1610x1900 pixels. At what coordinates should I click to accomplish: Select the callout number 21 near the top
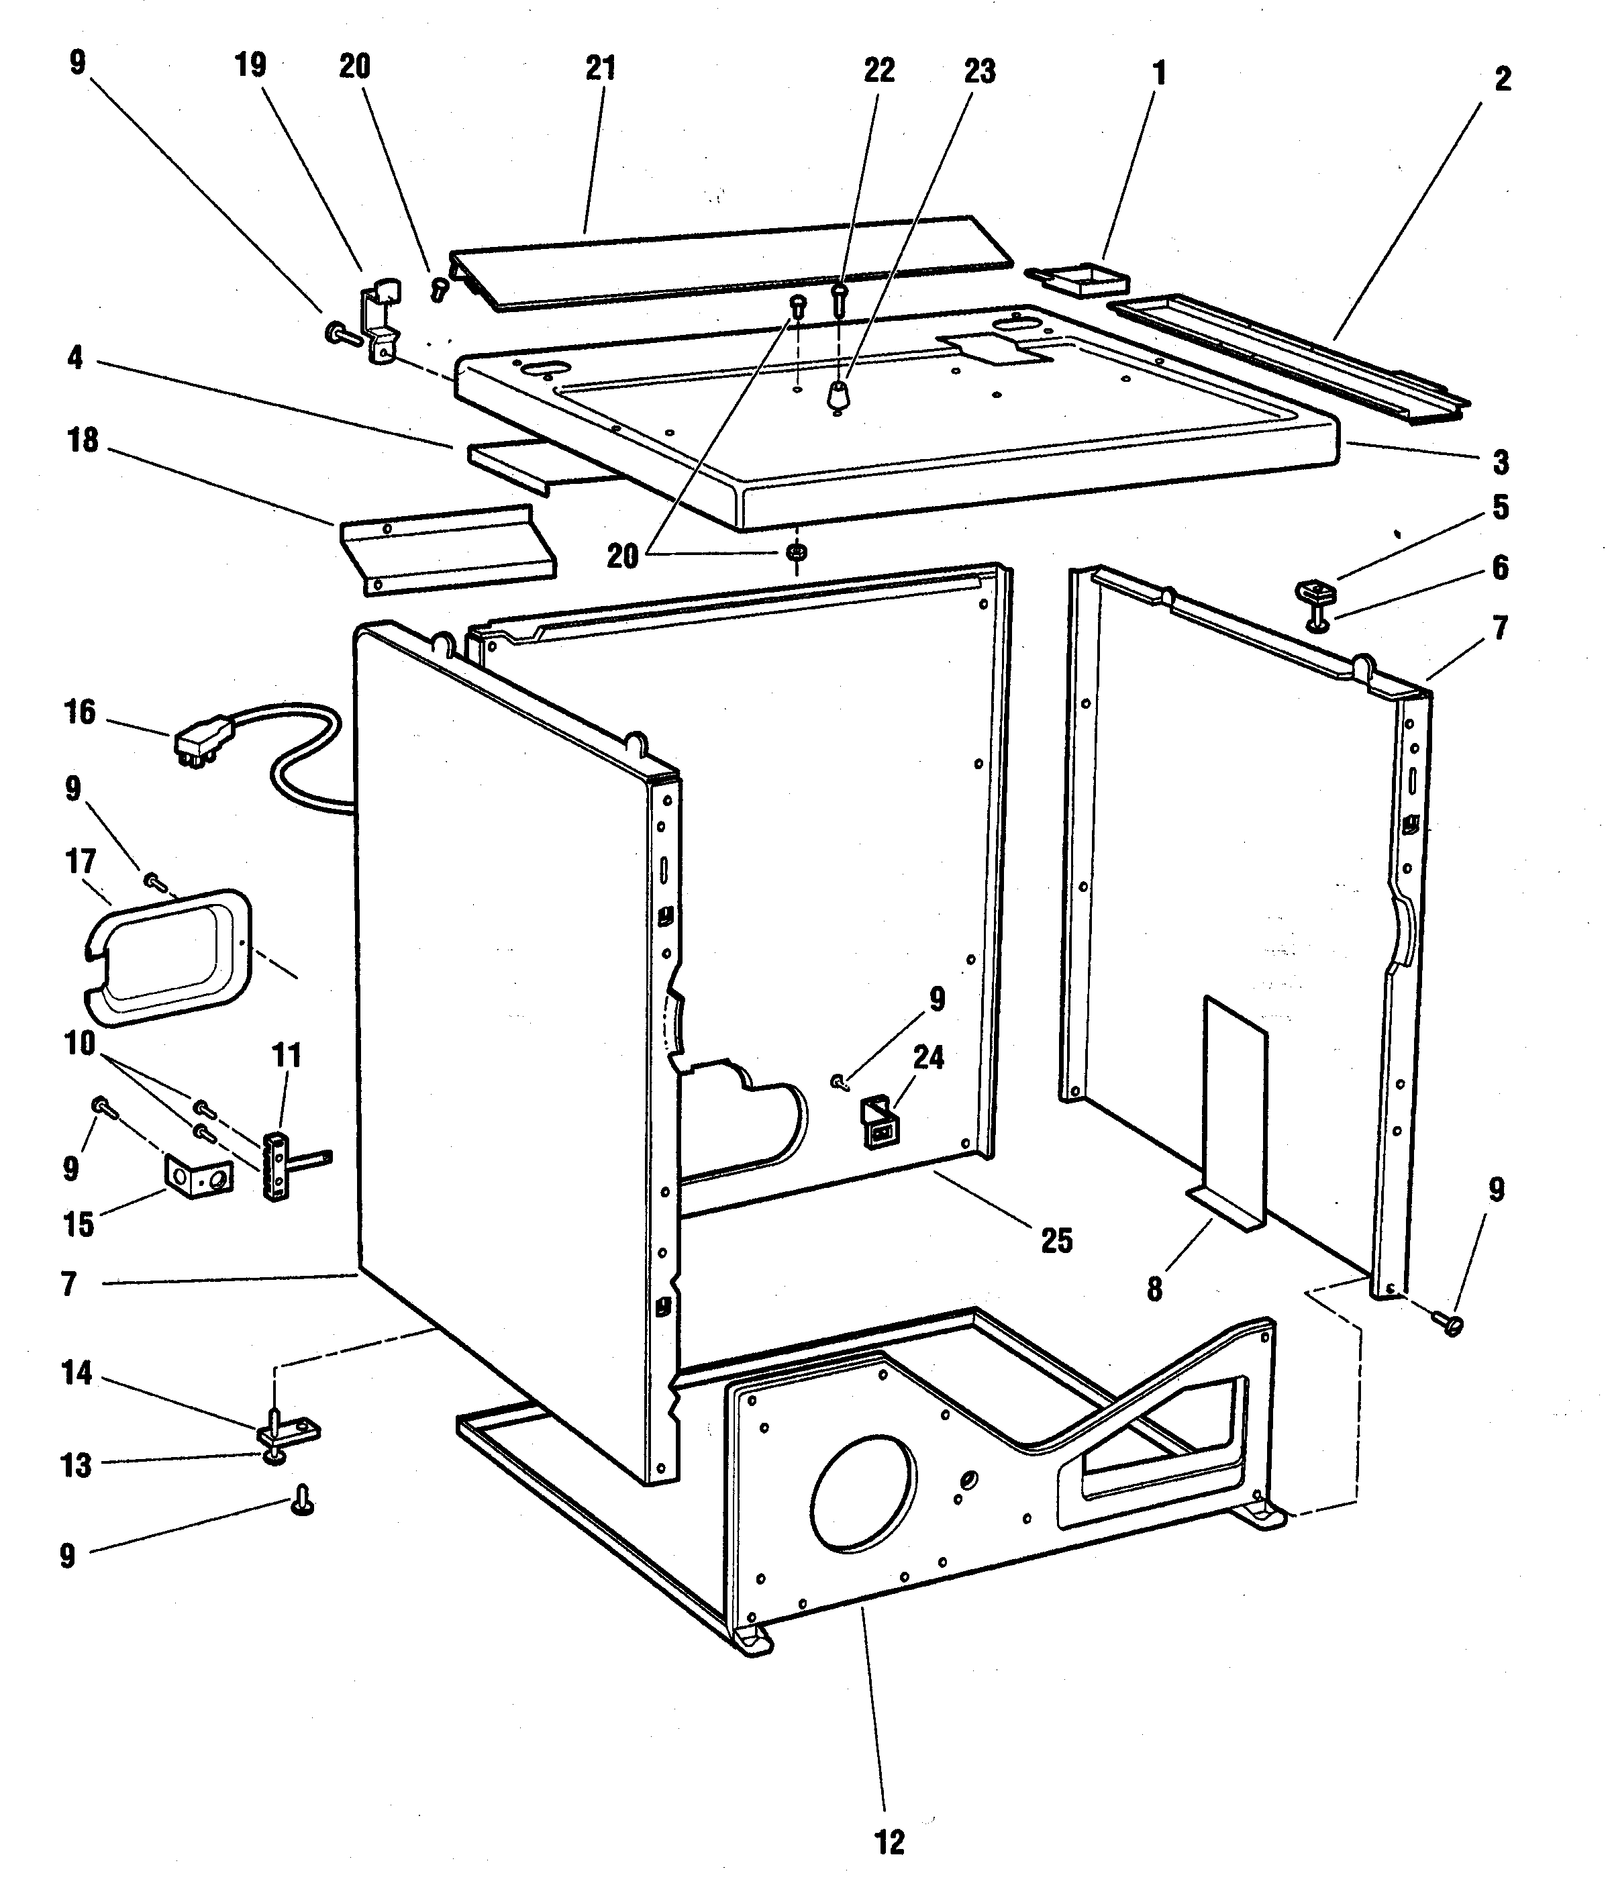click(601, 68)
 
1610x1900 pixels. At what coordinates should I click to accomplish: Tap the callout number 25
click(1057, 1240)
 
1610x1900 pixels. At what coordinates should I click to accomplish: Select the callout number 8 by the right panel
click(1154, 1289)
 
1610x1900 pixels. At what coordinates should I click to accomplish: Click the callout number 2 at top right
click(1503, 79)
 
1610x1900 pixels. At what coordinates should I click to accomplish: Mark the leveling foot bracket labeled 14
click(287, 1431)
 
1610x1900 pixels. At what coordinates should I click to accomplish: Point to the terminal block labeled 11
click(276, 1164)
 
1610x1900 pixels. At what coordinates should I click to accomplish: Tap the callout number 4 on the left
click(75, 358)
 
